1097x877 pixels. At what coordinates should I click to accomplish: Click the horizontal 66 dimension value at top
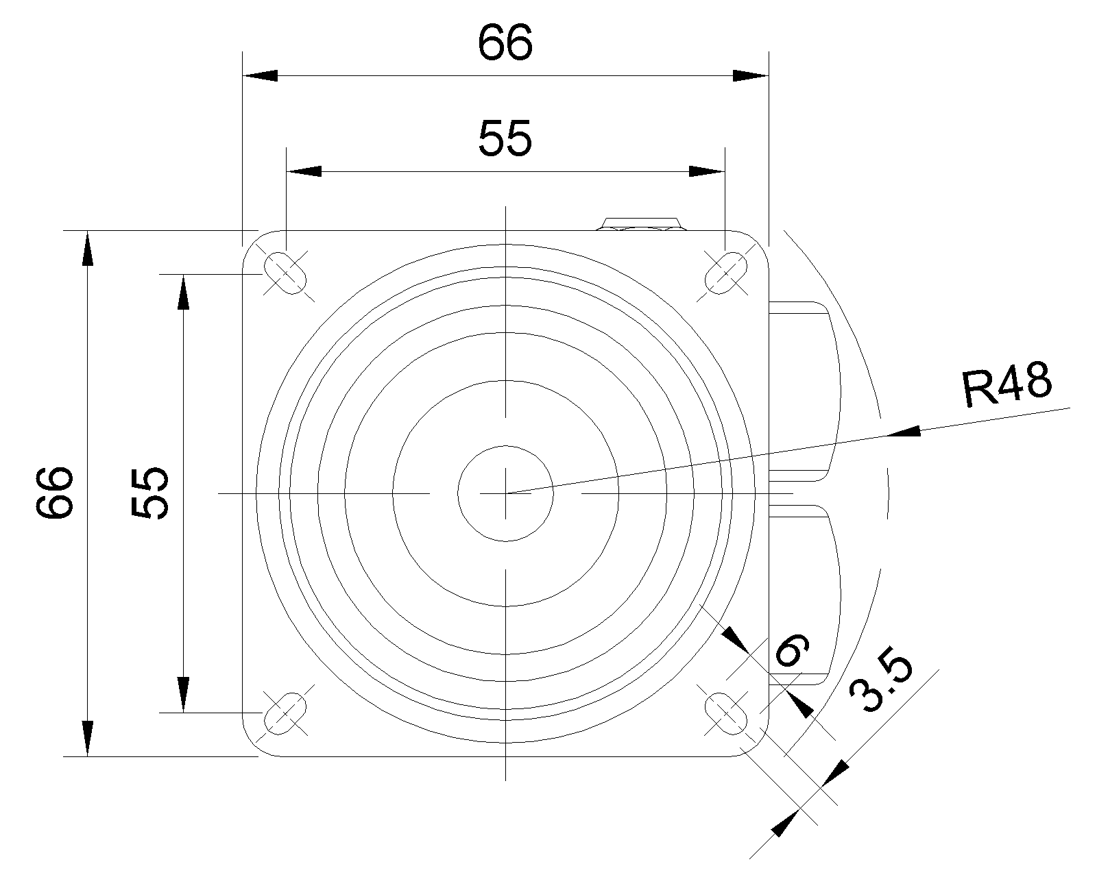(x=505, y=42)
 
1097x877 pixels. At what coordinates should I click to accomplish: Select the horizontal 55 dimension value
(x=505, y=138)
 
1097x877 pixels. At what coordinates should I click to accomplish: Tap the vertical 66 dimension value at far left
(x=55, y=493)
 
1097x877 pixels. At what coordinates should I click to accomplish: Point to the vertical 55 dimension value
(x=150, y=493)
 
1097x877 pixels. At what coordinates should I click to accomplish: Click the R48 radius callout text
(x=1007, y=384)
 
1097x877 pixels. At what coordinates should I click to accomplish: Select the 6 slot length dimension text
(x=792, y=650)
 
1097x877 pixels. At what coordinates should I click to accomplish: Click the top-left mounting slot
(x=285, y=273)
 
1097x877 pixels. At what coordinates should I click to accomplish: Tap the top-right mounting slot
(x=725, y=273)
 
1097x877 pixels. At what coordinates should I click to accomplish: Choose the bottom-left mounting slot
(x=285, y=713)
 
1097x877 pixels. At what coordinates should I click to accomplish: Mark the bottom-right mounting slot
(x=725, y=713)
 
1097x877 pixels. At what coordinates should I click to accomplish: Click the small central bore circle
(x=505, y=493)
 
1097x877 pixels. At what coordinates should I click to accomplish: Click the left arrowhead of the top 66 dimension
(x=260, y=75)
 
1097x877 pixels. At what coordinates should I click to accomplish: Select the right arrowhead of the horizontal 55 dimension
(x=706, y=171)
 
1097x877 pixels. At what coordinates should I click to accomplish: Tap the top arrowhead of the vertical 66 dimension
(x=88, y=248)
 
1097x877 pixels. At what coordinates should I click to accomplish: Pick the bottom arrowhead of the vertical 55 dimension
(x=183, y=695)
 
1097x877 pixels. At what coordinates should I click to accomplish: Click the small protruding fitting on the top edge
(x=641, y=224)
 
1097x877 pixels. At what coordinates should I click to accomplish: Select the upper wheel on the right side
(x=805, y=391)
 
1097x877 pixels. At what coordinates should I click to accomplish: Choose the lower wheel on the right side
(x=805, y=595)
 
